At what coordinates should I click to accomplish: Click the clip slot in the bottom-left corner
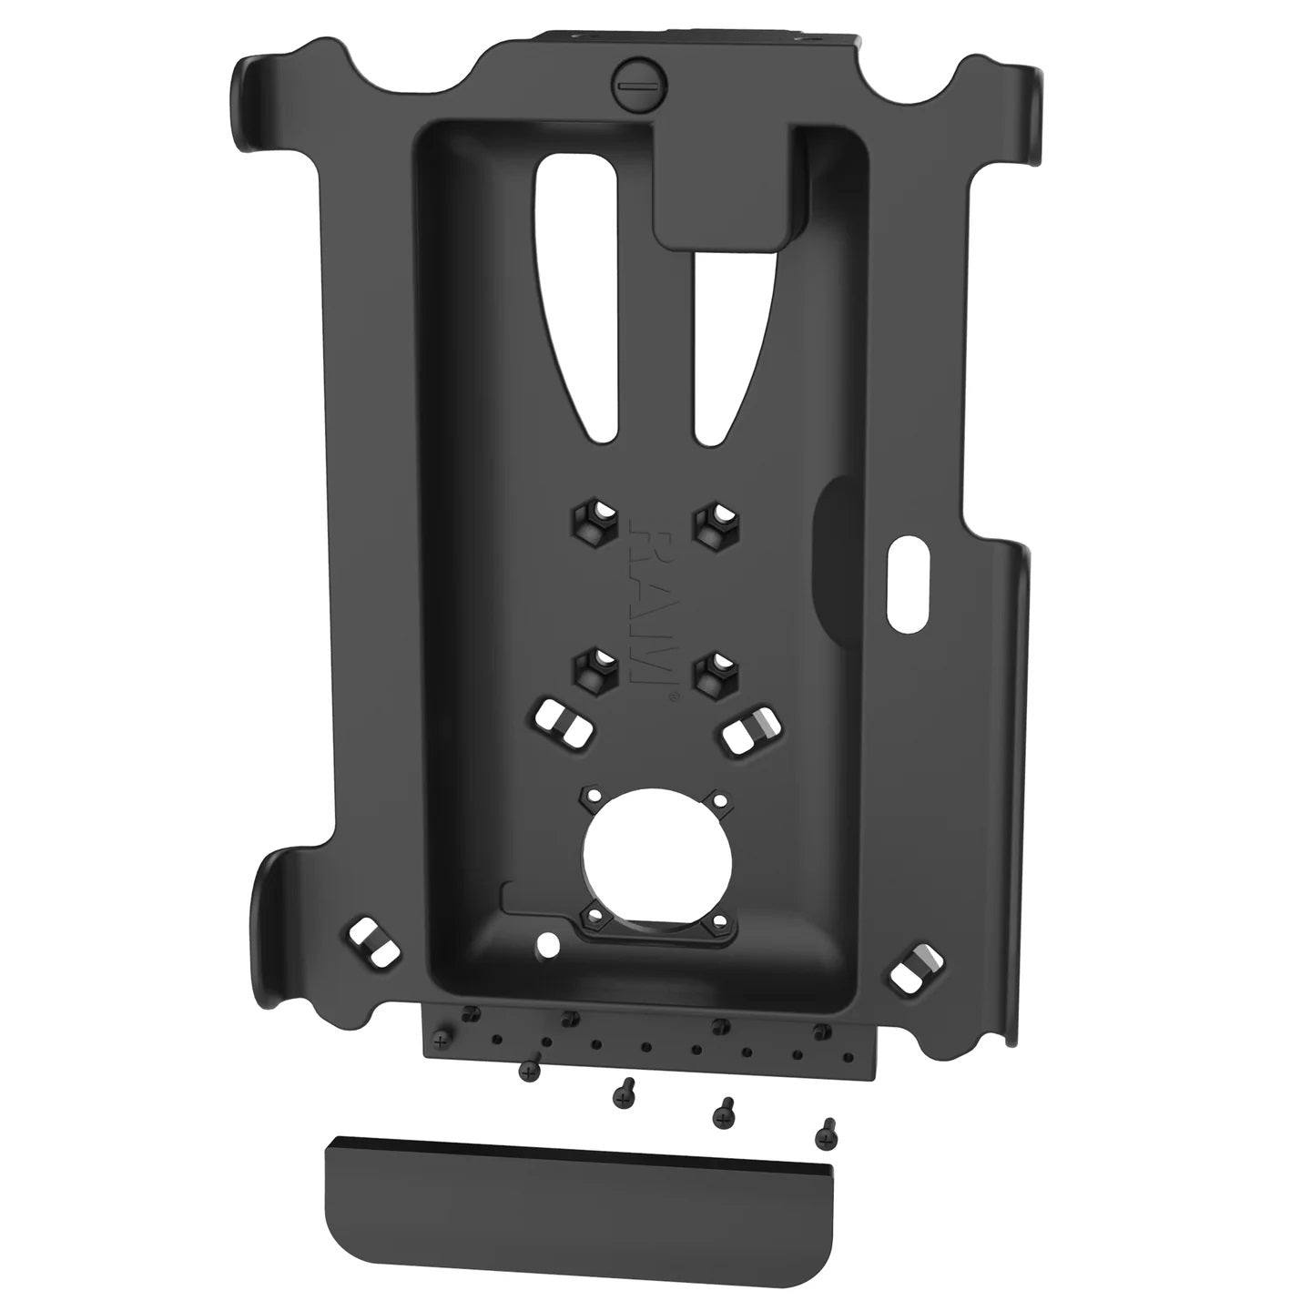(x=374, y=941)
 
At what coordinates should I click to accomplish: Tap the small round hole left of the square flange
(x=546, y=941)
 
